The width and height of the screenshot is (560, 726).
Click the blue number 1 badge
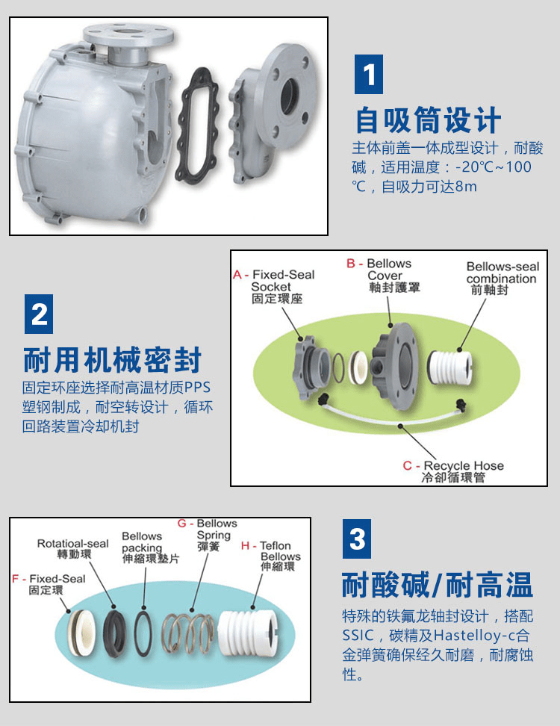point(368,74)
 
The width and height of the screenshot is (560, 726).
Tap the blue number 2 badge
point(39,314)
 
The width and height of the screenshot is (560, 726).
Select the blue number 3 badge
point(357,539)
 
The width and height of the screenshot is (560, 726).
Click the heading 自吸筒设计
point(428,120)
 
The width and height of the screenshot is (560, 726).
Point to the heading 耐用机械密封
point(113,360)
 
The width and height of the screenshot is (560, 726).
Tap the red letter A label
point(237,275)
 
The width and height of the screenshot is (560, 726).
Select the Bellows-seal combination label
point(503,273)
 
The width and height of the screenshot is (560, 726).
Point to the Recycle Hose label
point(463,465)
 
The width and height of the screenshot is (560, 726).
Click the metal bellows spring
point(187,633)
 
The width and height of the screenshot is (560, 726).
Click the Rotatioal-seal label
point(72,544)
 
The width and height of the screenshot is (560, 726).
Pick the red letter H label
point(246,546)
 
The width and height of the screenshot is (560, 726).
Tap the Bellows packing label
point(142,542)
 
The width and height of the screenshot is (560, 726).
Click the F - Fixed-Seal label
point(49,579)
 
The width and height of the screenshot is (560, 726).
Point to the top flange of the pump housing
point(128,34)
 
